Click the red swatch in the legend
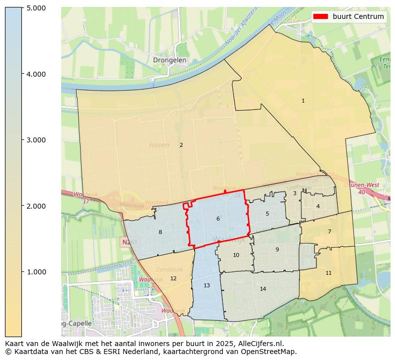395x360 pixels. [x=321, y=16]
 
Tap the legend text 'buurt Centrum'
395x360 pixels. [x=358, y=16]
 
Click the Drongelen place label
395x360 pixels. [x=170, y=60]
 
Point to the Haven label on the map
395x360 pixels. [x=159, y=145]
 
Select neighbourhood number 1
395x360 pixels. [x=303, y=101]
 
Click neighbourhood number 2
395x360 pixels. [x=181, y=145]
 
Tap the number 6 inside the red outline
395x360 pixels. [x=218, y=219]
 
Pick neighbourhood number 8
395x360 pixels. [x=160, y=233]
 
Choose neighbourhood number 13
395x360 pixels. [x=206, y=286]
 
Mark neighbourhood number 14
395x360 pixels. [x=263, y=289]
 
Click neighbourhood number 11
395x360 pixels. [x=328, y=273]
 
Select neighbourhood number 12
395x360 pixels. [x=173, y=279]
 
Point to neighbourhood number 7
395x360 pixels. [x=329, y=232]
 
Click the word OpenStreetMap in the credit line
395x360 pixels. [x=271, y=352]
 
